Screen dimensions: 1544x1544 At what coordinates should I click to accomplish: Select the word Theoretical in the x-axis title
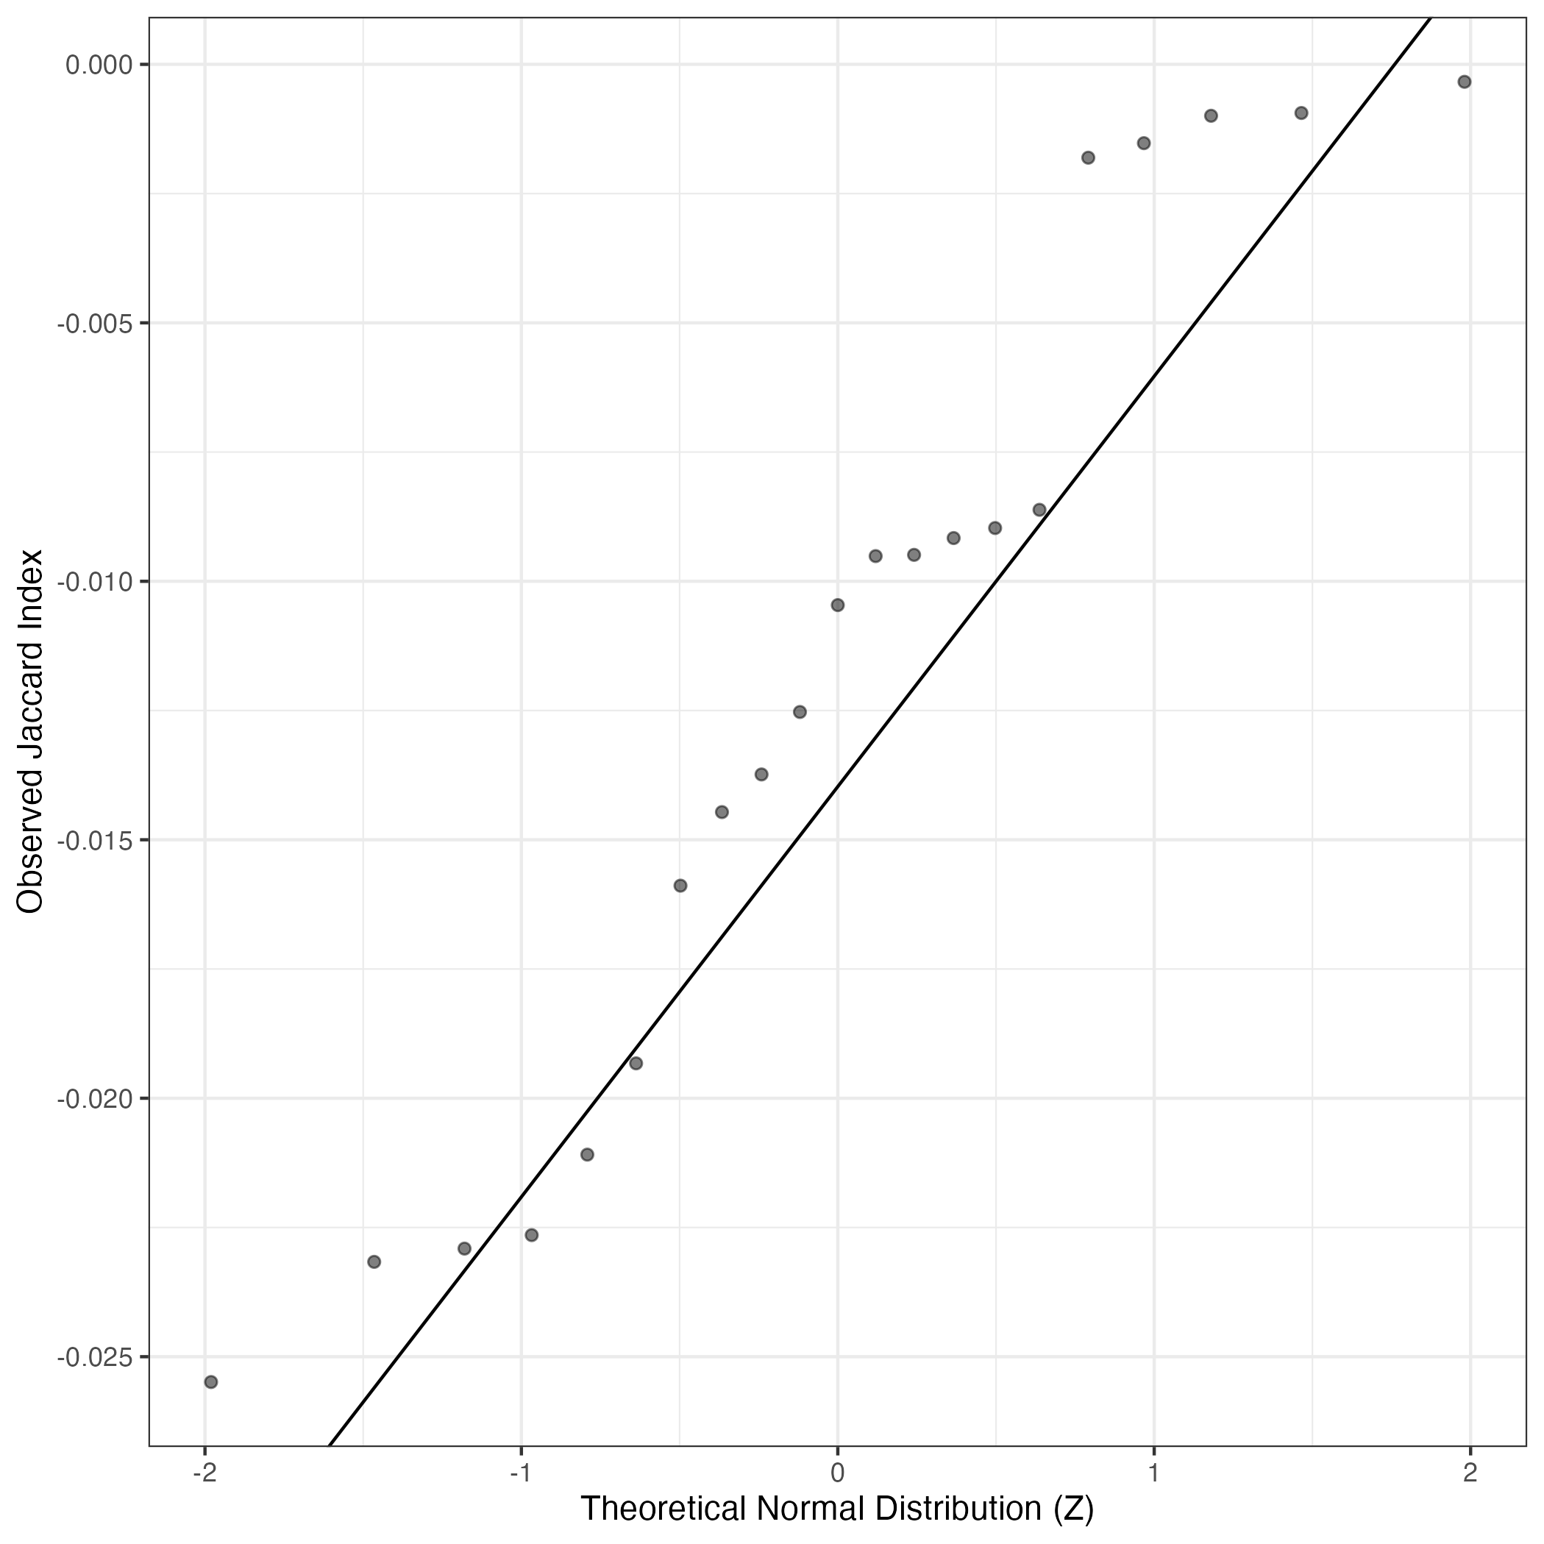coord(664,1509)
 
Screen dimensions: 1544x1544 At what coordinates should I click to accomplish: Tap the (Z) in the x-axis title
coord(1073,1509)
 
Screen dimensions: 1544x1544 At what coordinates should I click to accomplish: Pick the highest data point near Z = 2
coord(1465,82)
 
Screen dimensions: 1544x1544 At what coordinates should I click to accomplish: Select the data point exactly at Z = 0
coord(838,605)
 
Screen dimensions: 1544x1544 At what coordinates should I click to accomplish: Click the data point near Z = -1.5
coord(374,1262)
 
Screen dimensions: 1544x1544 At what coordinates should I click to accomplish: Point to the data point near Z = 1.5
coord(1301,113)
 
